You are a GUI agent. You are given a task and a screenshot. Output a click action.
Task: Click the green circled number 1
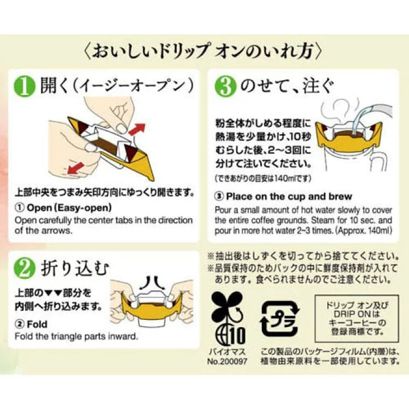(24, 86)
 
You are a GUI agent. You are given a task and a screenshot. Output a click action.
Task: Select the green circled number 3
(226, 86)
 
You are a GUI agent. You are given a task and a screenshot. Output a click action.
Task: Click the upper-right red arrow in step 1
(137, 129)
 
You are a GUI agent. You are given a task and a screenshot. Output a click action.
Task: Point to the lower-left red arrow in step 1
(76, 168)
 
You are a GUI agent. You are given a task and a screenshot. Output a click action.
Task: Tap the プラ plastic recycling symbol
(280, 319)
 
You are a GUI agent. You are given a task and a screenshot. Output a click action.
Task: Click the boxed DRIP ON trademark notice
(357, 319)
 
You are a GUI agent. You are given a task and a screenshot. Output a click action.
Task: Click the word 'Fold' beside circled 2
(37, 324)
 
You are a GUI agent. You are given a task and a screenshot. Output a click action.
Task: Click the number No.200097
(227, 361)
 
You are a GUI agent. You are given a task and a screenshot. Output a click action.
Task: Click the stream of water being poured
(361, 119)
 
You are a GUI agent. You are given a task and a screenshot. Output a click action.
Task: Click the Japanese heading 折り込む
(75, 269)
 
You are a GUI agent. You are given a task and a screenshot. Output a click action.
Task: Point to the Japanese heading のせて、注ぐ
(287, 86)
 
